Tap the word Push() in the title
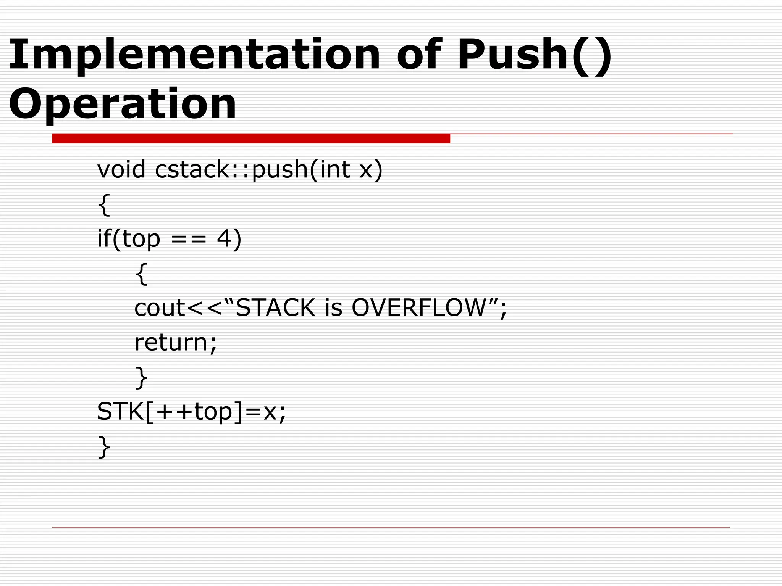pyautogui.click(x=534, y=55)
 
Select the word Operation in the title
pyautogui.click(x=123, y=104)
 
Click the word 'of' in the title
pyautogui.click(x=418, y=55)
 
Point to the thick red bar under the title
pyautogui.click(x=251, y=138)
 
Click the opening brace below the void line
pyautogui.click(x=104, y=205)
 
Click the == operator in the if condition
pyautogui.click(x=189, y=239)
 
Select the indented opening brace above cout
pyautogui.click(x=141, y=274)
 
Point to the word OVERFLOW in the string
pyautogui.click(x=418, y=307)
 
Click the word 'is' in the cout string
pyautogui.click(x=334, y=307)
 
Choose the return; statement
pyautogui.click(x=175, y=342)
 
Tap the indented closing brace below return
pyautogui.click(x=141, y=377)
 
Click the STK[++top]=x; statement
pyautogui.click(x=191, y=412)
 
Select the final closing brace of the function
pyautogui.click(x=104, y=446)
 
